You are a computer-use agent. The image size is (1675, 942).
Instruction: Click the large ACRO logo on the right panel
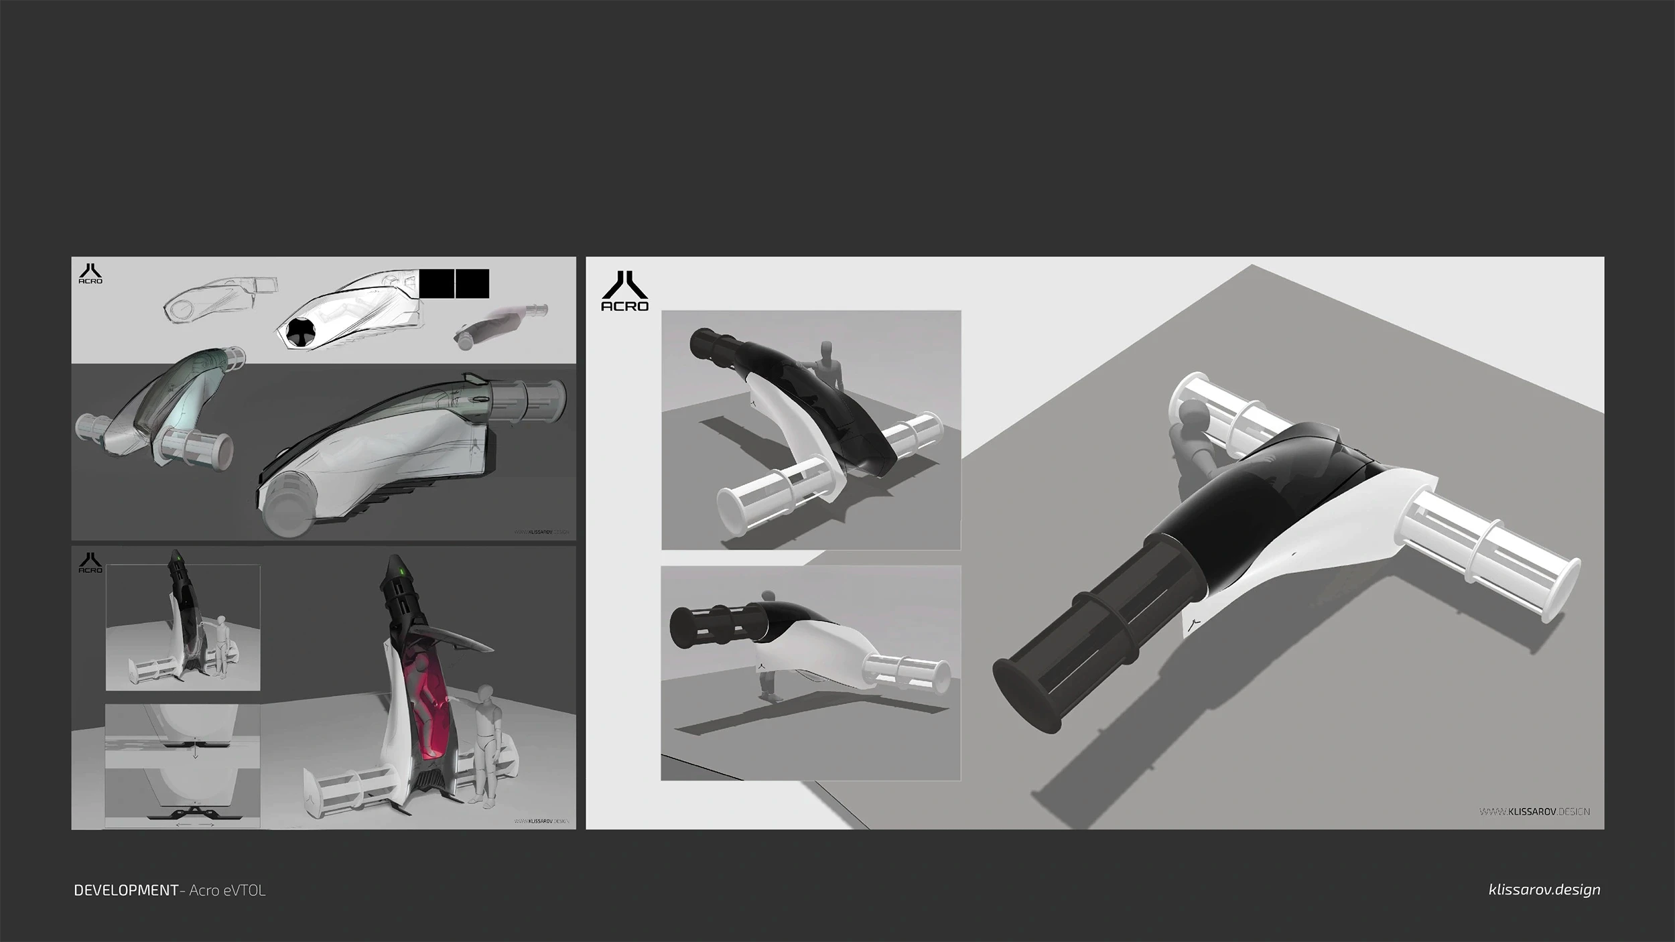click(x=624, y=291)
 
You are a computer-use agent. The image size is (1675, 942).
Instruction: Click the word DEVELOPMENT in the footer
click(x=126, y=890)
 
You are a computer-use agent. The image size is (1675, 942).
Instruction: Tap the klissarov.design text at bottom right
click(x=1544, y=890)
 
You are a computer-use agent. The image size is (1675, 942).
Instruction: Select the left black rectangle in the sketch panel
click(x=437, y=283)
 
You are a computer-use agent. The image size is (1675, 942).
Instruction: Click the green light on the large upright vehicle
click(x=401, y=571)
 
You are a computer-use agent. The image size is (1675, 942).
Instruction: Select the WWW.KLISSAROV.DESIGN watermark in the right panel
click(x=1534, y=811)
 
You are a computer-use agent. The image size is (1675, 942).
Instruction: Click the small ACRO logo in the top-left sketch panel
click(x=90, y=274)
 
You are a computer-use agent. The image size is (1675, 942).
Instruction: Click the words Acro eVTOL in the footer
click(x=228, y=890)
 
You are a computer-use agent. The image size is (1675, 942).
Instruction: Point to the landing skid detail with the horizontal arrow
click(x=194, y=813)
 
